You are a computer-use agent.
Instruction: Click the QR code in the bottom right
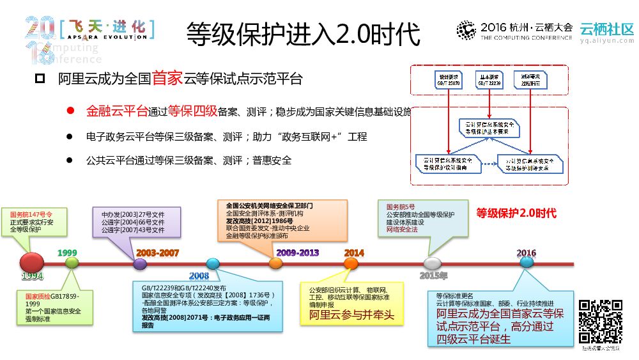(x=600, y=322)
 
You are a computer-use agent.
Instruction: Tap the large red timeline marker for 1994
(x=32, y=262)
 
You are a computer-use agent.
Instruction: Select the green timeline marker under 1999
(x=72, y=262)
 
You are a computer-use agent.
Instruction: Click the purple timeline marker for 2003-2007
(x=140, y=263)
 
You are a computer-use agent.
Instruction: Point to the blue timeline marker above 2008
(x=213, y=263)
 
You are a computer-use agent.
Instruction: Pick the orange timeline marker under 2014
(x=351, y=263)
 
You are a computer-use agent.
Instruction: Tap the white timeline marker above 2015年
(x=433, y=263)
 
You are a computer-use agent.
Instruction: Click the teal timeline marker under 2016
(x=527, y=262)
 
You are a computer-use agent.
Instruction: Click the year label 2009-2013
(x=297, y=253)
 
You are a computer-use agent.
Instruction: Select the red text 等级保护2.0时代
(x=516, y=214)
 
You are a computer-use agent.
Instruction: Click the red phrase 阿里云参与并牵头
(x=352, y=315)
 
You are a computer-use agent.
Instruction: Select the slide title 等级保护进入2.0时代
(x=304, y=33)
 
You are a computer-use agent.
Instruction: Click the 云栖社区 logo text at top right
(x=606, y=29)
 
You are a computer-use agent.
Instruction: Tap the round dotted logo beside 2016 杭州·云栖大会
(x=466, y=30)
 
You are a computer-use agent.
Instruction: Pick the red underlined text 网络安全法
(x=401, y=229)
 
